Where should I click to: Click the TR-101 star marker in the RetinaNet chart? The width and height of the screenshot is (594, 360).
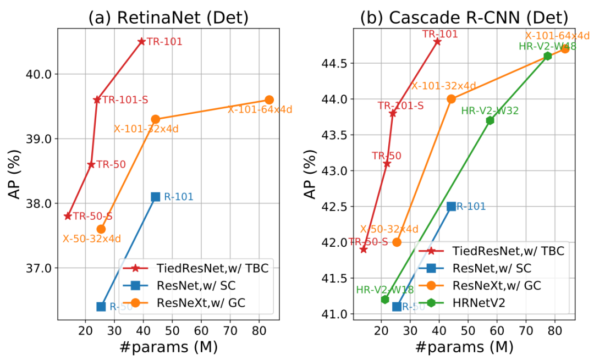pos(141,41)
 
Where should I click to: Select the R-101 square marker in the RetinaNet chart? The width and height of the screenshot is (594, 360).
pos(156,197)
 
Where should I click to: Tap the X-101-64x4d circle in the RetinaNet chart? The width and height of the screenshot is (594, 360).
pos(269,99)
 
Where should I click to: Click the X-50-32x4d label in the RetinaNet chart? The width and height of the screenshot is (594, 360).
pos(91,239)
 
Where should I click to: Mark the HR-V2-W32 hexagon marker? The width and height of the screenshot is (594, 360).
pos(490,120)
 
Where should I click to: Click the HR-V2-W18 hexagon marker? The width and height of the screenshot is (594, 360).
pos(385,300)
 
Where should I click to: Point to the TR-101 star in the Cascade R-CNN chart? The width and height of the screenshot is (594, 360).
pos(437,41)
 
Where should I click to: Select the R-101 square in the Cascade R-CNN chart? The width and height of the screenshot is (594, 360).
pos(452,207)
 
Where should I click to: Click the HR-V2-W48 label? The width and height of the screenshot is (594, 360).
pos(547,47)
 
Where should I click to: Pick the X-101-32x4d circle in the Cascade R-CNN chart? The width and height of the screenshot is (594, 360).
pos(451,99)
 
